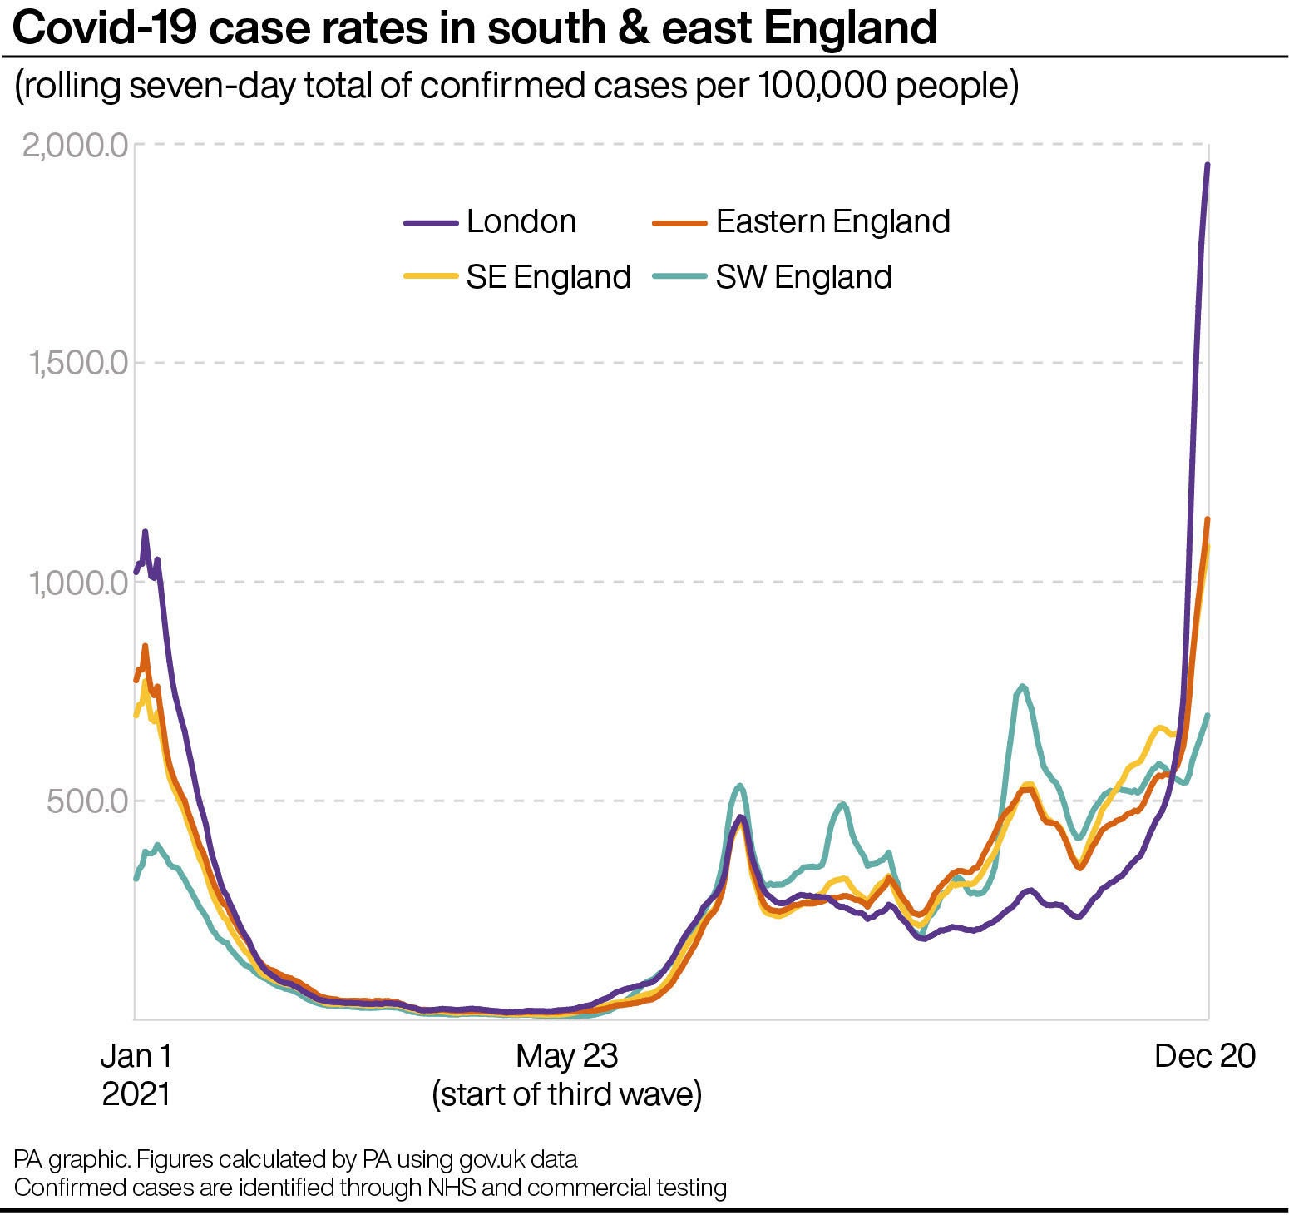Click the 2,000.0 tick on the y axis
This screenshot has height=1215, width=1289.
pyautogui.click(x=75, y=146)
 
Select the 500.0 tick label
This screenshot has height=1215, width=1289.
pyautogui.click(x=87, y=801)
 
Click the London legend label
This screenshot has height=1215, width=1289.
pyautogui.click(x=521, y=221)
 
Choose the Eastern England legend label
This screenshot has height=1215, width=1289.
pyautogui.click(x=832, y=221)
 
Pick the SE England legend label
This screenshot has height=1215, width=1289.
pyautogui.click(x=548, y=277)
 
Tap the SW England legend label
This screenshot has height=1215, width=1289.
pyautogui.click(x=803, y=277)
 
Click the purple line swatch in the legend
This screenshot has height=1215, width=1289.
pyautogui.click(x=431, y=223)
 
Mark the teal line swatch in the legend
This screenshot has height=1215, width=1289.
pyautogui.click(x=680, y=277)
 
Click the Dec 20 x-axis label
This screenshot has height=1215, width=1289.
pyautogui.click(x=1204, y=1056)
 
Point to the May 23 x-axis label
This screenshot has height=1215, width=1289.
pyautogui.click(x=566, y=1056)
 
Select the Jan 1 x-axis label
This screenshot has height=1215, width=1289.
pyautogui.click(x=136, y=1056)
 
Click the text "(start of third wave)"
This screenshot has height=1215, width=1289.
pyautogui.click(x=566, y=1093)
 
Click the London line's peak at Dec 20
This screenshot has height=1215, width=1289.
pyautogui.click(x=1208, y=165)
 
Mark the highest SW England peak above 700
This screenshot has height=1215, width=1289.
pyautogui.click(x=1022, y=686)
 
